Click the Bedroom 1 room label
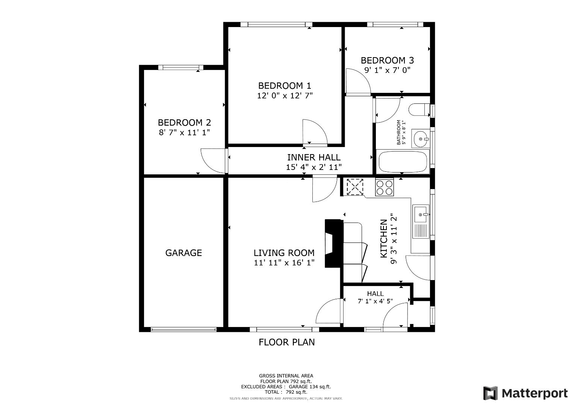coord(285,86)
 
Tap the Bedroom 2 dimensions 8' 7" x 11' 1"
coord(184,132)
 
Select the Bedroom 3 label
coord(387,60)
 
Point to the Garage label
coord(183,253)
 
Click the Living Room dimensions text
coord(284,263)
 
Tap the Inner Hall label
coord(314,157)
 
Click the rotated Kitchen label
coord(384,239)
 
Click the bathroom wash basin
coord(420,139)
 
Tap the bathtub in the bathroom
coord(403,162)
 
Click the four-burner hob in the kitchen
coord(384,187)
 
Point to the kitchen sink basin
coord(420,214)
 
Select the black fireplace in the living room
coord(333,243)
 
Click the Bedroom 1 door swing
coord(314,132)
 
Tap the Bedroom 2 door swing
coord(214,161)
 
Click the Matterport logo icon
coord(490,393)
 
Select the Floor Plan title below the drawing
coord(286,342)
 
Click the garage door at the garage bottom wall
coord(183,330)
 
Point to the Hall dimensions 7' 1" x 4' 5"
coord(375,301)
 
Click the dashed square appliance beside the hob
coord(355,187)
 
